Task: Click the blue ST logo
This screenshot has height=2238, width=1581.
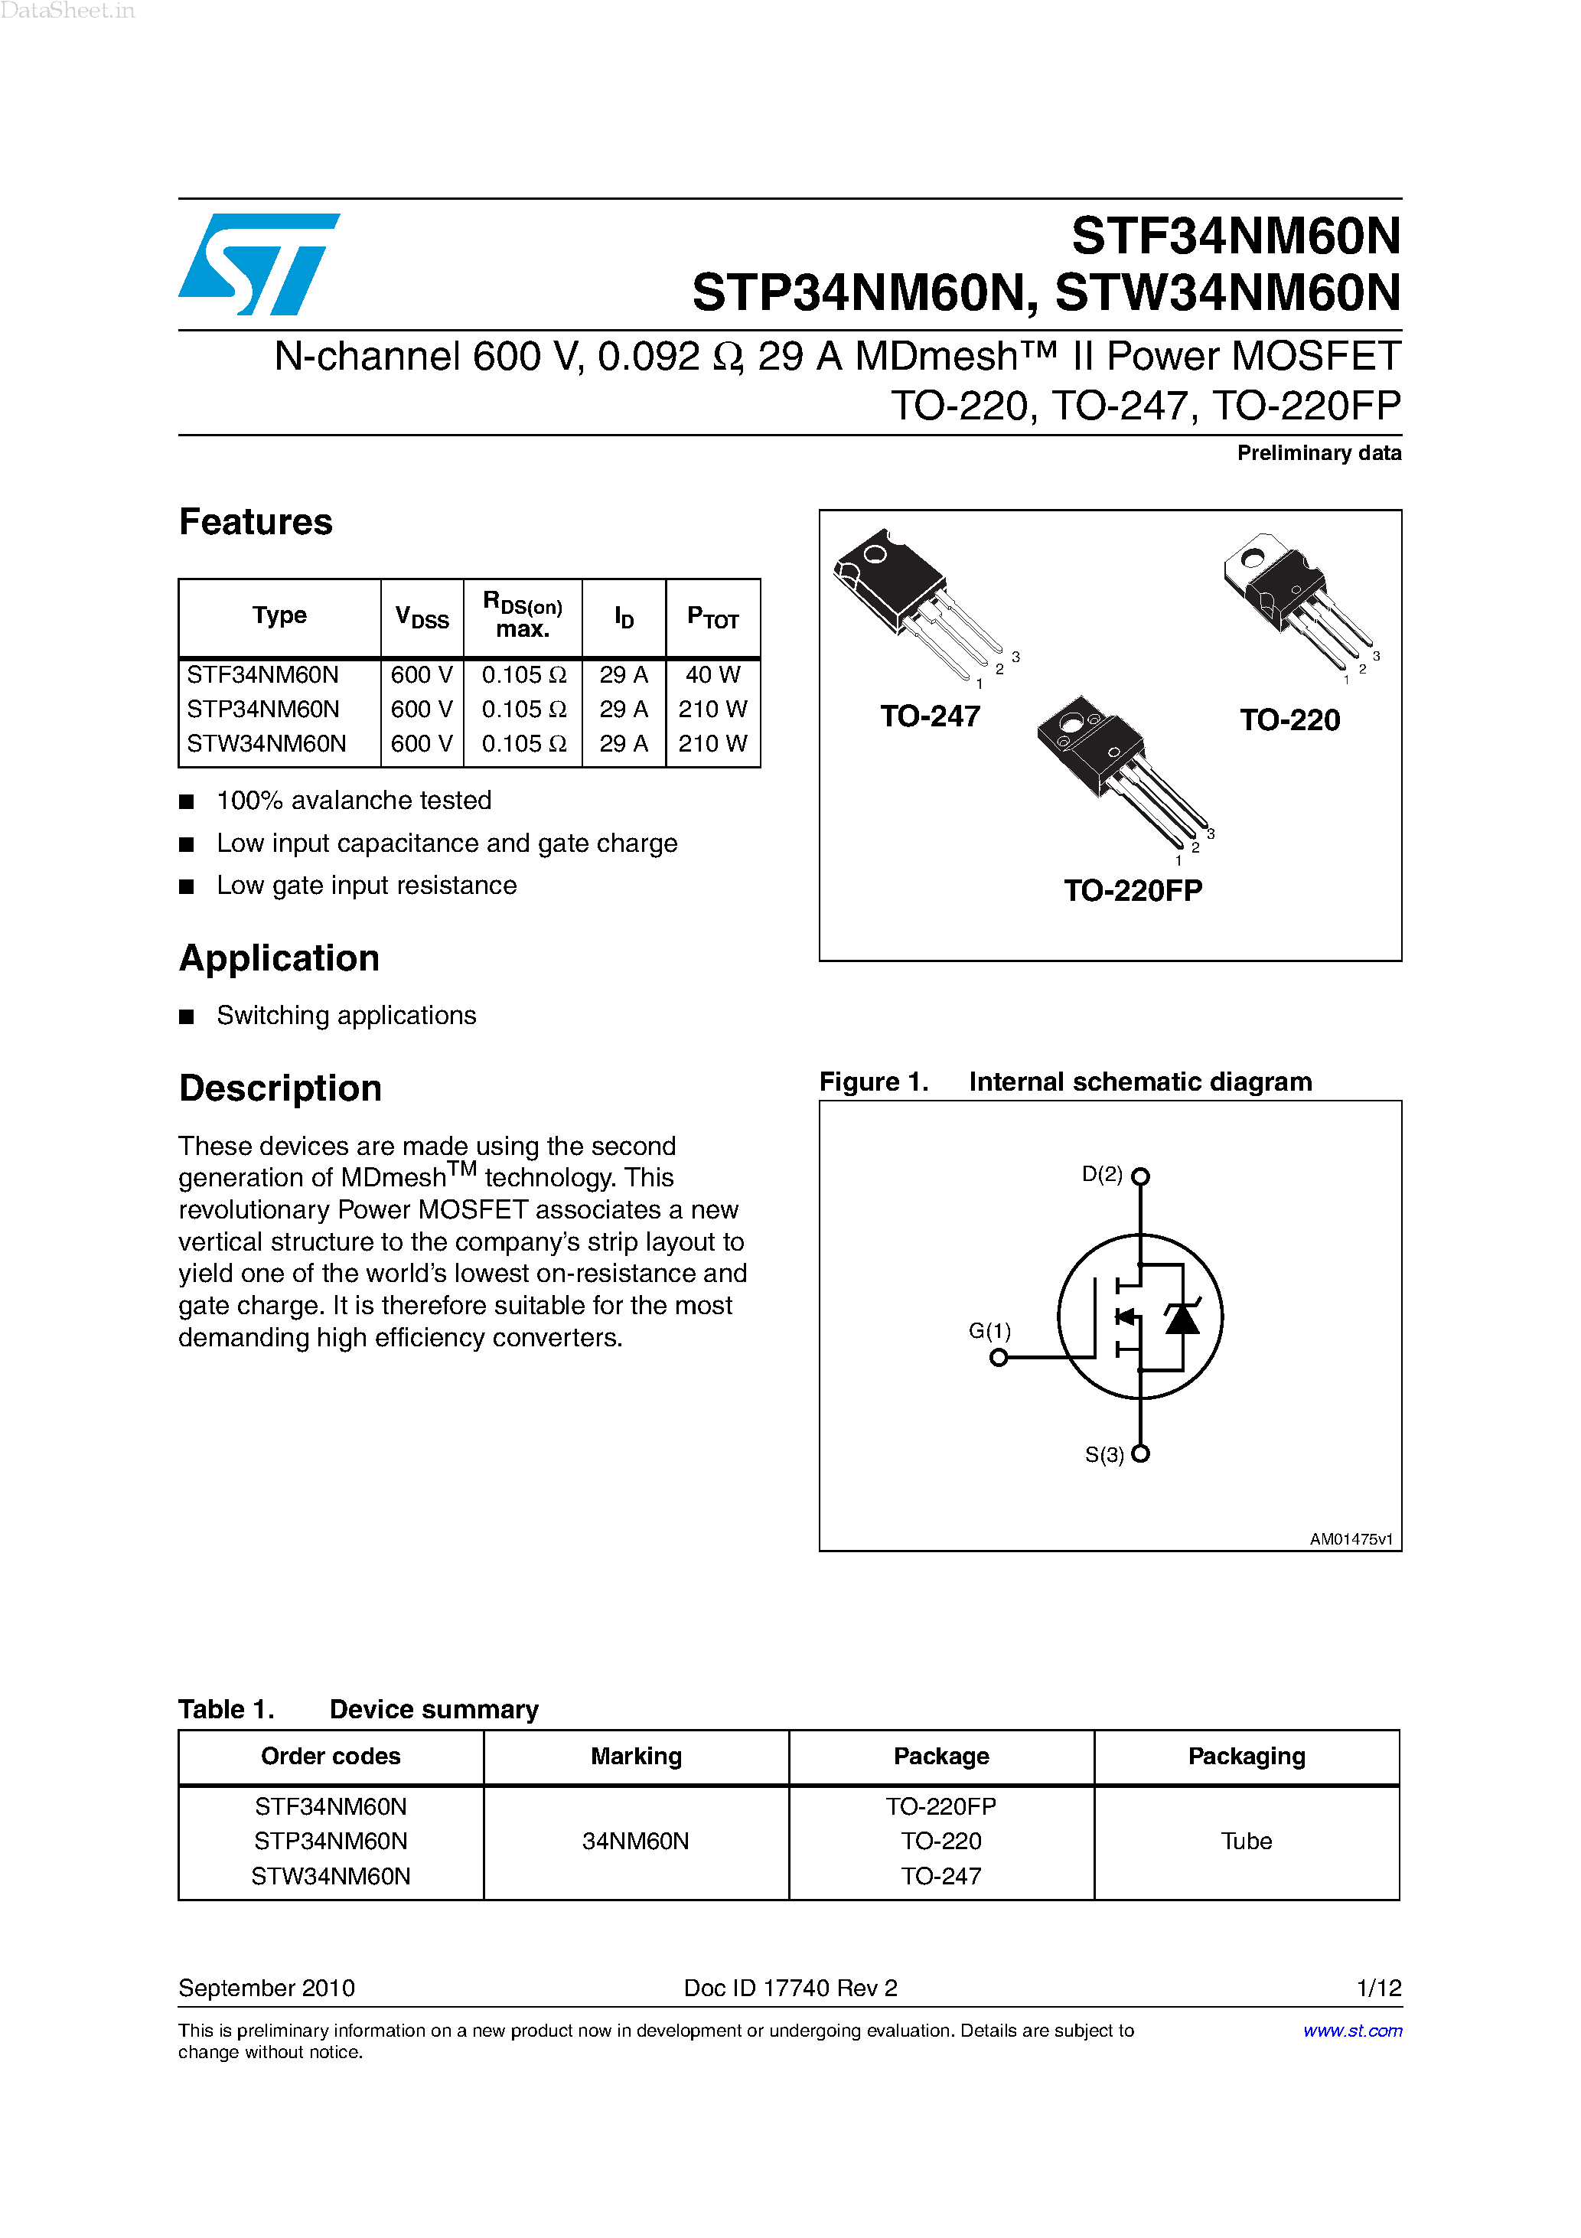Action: click(x=259, y=264)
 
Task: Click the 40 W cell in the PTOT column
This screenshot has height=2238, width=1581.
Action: click(x=712, y=674)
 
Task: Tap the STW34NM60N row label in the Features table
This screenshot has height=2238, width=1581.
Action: click(x=266, y=744)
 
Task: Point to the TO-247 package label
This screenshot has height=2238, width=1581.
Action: click(x=930, y=716)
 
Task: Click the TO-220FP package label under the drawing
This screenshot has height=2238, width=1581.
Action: click(x=1133, y=890)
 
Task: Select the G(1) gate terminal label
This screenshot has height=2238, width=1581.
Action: click(x=989, y=1330)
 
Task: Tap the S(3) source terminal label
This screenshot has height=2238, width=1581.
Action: click(x=1104, y=1455)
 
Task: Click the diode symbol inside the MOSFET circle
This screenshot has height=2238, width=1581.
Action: click(x=1182, y=1319)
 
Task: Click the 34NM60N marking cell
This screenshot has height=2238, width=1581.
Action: click(x=635, y=1842)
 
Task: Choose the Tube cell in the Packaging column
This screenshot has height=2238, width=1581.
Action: click(x=1246, y=1842)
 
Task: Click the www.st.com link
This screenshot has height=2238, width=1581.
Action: click(x=1352, y=2031)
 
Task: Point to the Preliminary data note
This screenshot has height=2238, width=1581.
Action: click(x=1319, y=453)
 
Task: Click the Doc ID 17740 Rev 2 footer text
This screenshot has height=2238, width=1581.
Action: click(x=790, y=1988)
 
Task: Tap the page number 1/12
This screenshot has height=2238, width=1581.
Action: click(x=1378, y=1988)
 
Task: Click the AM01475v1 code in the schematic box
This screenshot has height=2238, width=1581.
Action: click(x=1351, y=1539)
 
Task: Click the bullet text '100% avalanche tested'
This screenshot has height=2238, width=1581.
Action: click(x=354, y=801)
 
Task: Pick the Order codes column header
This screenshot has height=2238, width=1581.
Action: click(x=331, y=1757)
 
